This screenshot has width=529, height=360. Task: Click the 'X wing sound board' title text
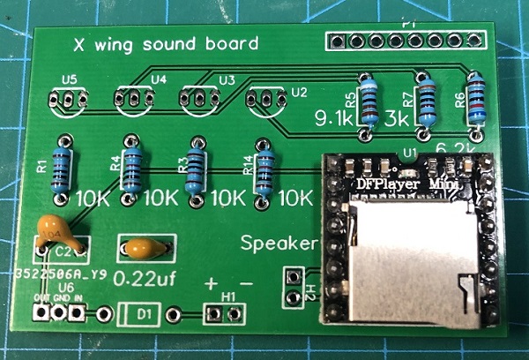(165, 43)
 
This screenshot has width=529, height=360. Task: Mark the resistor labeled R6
(478, 100)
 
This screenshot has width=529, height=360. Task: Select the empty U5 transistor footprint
(68, 101)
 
